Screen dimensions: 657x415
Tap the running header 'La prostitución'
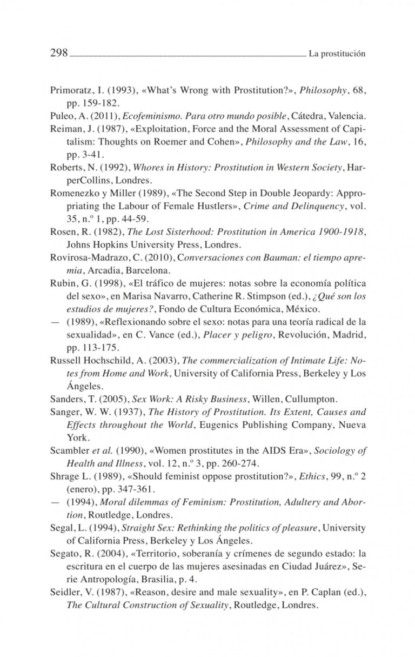(x=338, y=54)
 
